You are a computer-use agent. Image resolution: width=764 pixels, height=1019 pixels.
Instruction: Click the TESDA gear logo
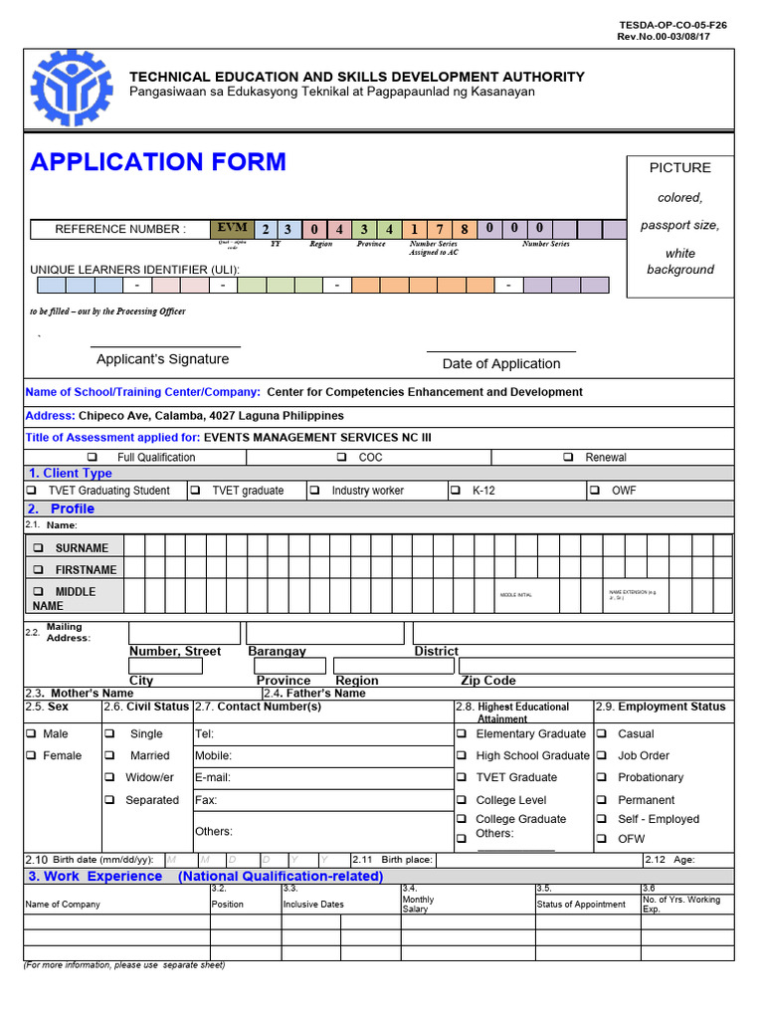73,89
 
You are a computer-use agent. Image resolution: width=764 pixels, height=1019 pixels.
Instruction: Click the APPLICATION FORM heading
158,162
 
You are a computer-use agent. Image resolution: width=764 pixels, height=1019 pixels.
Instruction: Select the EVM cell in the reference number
231,229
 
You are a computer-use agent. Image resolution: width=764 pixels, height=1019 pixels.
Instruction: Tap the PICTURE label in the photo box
680,168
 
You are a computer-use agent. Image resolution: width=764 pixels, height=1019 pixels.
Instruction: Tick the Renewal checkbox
568,458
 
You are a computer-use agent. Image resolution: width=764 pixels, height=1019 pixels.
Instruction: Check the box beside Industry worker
314,491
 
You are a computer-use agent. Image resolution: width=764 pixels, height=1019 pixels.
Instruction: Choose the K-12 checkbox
456,491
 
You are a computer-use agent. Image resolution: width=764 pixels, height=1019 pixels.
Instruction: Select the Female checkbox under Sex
31,755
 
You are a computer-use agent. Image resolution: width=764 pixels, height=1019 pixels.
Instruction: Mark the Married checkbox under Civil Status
109,755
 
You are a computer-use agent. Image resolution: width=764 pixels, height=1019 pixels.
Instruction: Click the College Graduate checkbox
462,819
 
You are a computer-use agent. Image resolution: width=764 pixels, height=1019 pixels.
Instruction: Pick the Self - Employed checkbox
602,819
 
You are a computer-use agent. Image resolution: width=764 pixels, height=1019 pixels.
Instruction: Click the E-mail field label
213,777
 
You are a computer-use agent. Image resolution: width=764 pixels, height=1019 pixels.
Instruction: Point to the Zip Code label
488,681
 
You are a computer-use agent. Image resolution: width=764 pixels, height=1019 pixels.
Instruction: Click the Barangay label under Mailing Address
277,651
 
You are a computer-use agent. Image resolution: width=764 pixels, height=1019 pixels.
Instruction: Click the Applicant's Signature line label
162,359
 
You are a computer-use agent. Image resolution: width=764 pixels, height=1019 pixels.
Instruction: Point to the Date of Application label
501,364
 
